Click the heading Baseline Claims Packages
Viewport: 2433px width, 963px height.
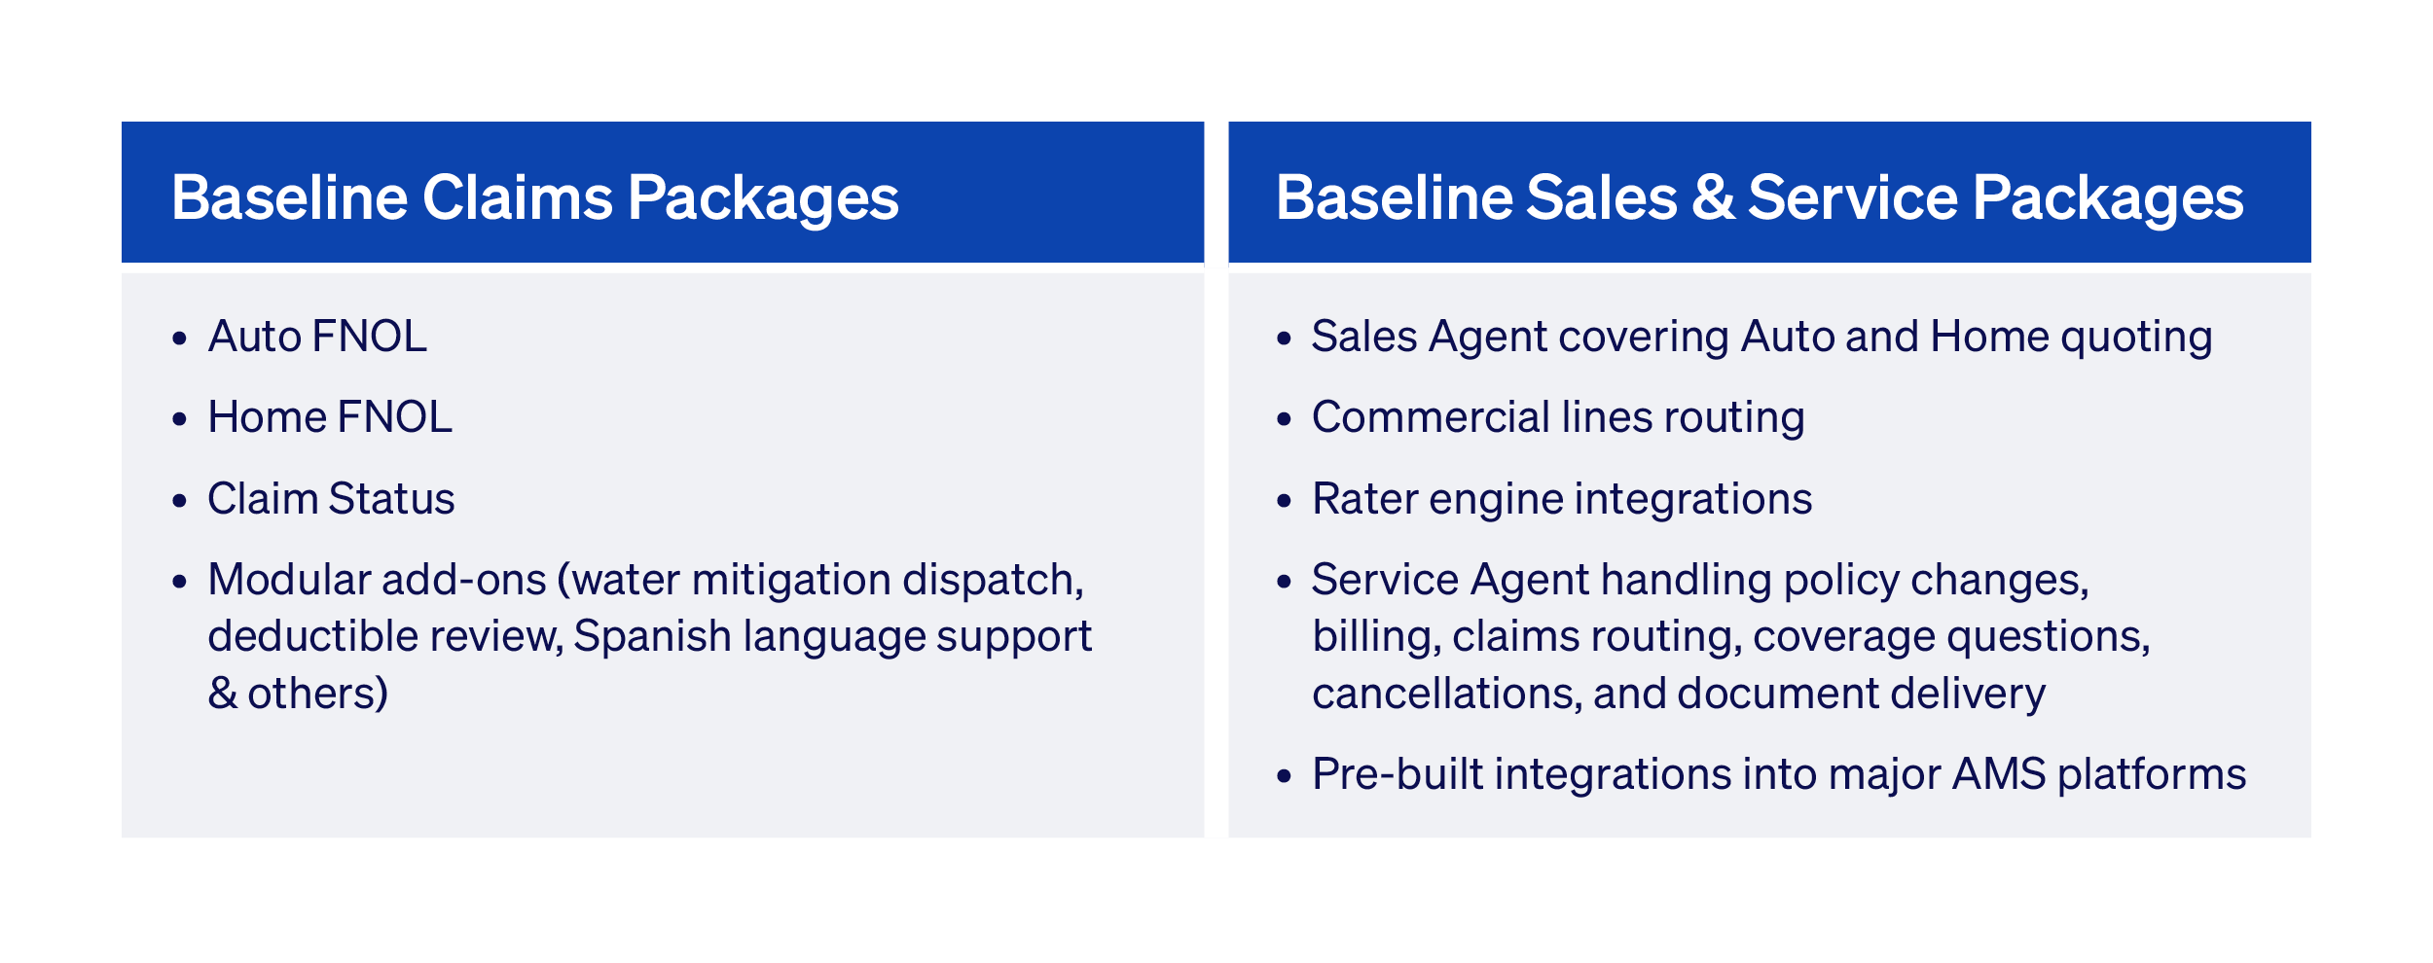click(x=534, y=197)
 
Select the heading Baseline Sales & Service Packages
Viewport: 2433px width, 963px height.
click(x=1759, y=197)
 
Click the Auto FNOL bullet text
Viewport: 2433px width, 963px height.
click(x=317, y=337)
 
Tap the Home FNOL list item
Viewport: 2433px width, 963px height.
click(x=330, y=417)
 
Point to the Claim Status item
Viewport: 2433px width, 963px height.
click(x=331, y=499)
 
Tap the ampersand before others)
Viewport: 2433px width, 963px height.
click(x=222, y=694)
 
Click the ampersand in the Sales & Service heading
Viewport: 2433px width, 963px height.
click(x=1713, y=197)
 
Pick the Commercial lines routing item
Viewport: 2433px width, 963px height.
click(x=1557, y=417)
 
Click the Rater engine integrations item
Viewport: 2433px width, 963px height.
click(x=1561, y=499)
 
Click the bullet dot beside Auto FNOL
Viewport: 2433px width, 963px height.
click(x=179, y=339)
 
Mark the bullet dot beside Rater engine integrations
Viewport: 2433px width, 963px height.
click(x=1284, y=501)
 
